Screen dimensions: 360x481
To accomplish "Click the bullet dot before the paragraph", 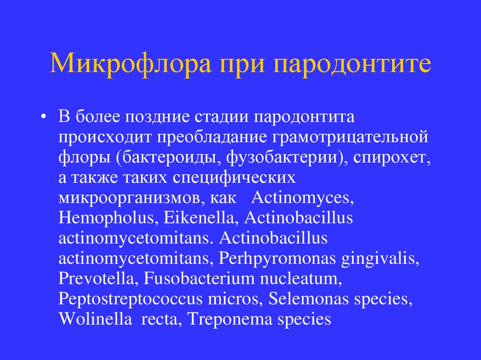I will [44, 117].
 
